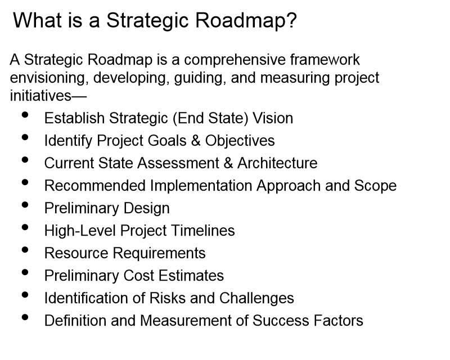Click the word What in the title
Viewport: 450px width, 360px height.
pos(37,20)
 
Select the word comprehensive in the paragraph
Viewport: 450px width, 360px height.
pos(235,60)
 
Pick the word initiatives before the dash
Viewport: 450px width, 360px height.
pos(40,95)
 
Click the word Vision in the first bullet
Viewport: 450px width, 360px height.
pos(273,118)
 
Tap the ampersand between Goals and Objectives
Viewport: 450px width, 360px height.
pos(196,141)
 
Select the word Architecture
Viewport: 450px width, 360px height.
pos(277,163)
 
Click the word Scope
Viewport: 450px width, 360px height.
pos(375,186)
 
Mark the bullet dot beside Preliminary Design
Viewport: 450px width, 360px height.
pos(25,205)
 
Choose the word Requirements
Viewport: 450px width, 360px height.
pos(159,253)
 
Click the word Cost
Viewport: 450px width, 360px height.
pos(138,276)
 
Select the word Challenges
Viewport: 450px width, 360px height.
pos(257,298)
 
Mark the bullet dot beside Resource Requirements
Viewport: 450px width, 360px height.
pos(25,250)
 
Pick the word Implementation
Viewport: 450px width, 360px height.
pos(201,186)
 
